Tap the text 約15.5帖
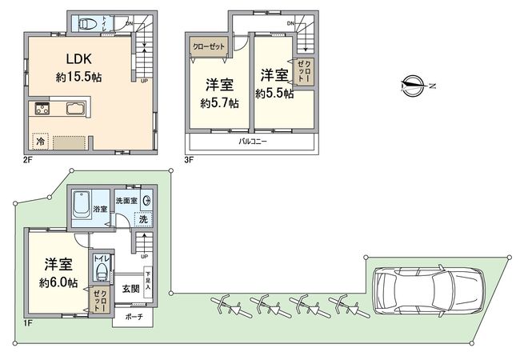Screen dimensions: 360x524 77,78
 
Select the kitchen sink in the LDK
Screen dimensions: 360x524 71,109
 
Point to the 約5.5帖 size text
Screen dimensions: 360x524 274,94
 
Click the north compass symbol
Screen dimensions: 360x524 414,84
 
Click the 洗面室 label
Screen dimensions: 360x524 126,199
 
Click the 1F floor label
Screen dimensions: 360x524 26,322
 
